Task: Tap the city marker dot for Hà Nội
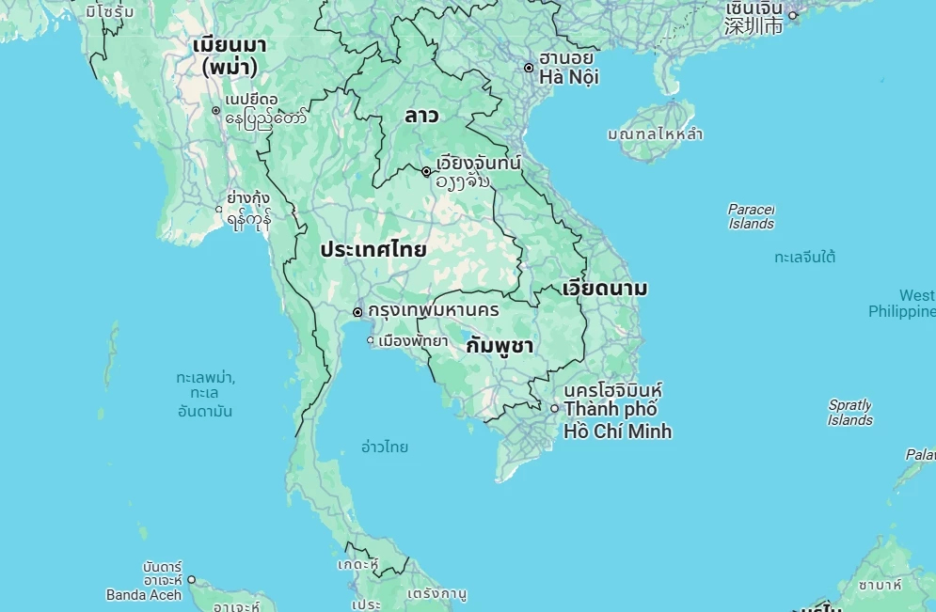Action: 529,67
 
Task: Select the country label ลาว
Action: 421,116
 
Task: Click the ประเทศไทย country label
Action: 373,250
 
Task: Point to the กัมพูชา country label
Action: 500,345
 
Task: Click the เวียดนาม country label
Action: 604,288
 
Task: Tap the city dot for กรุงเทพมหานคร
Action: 357,311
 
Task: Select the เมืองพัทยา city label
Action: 412,340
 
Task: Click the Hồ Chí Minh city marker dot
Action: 554,408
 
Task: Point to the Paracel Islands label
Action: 752,216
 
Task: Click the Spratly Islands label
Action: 849,413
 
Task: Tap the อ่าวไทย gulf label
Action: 385,447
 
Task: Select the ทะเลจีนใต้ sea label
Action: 805,257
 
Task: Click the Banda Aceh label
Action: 144,594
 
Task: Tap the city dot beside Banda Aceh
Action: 191,580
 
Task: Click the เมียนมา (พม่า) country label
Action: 230,55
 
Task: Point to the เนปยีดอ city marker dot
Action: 215,111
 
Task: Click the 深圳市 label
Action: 754,25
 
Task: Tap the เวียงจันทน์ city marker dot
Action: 426,171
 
